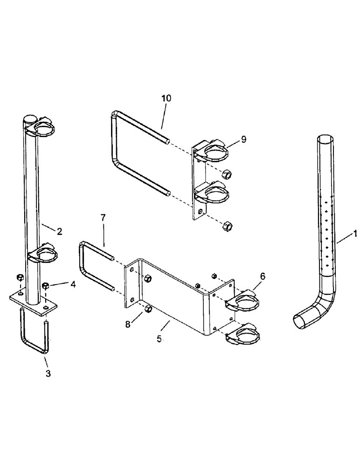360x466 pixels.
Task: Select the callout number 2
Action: (x=60, y=231)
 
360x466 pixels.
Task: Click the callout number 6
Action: (x=263, y=276)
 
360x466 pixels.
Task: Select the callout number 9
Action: (x=244, y=139)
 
